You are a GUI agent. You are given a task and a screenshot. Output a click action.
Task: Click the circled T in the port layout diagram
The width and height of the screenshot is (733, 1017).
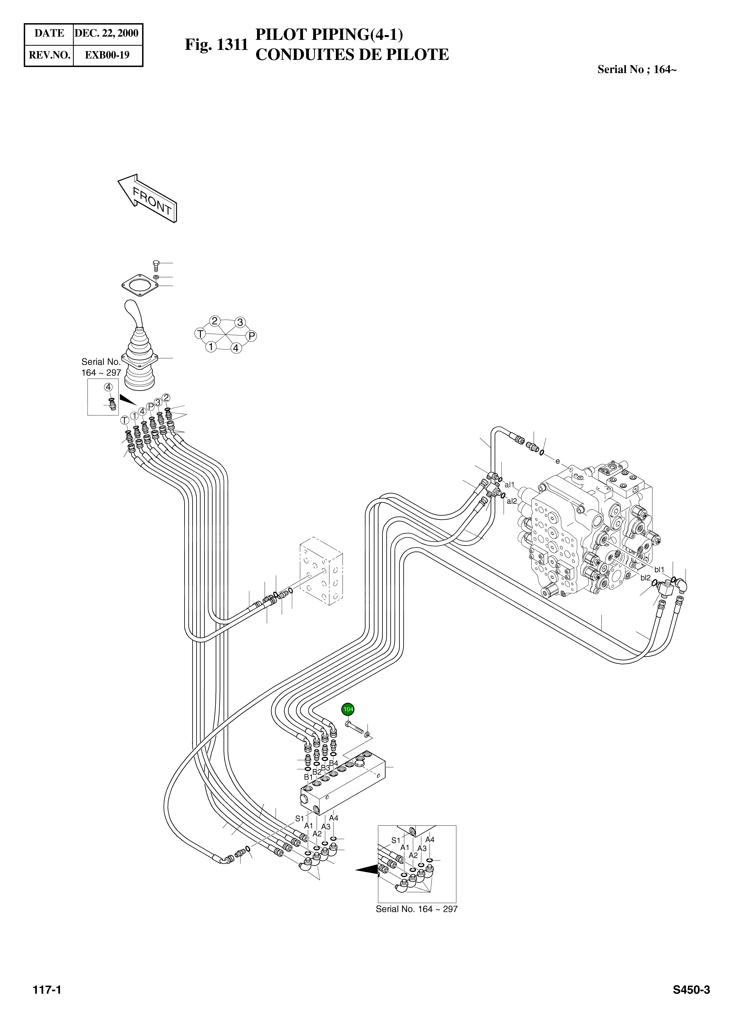click(x=200, y=333)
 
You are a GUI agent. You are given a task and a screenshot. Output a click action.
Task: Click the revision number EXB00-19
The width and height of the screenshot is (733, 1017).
click(x=108, y=55)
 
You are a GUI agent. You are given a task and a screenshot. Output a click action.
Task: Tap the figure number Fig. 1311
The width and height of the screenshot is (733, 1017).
click(x=216, y=45)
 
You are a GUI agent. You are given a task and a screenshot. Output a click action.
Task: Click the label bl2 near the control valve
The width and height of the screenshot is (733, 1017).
click(x=645, y=578)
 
